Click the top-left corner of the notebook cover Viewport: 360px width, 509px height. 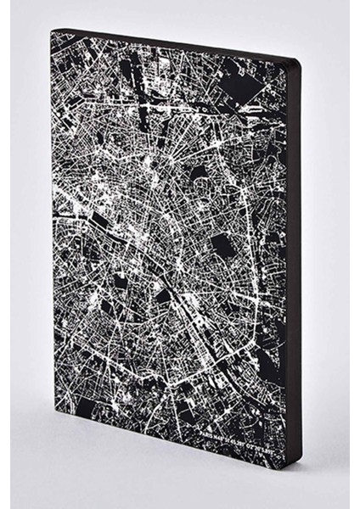click(x=53, y=32)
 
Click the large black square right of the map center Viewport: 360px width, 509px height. click(x=222, y=247)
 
